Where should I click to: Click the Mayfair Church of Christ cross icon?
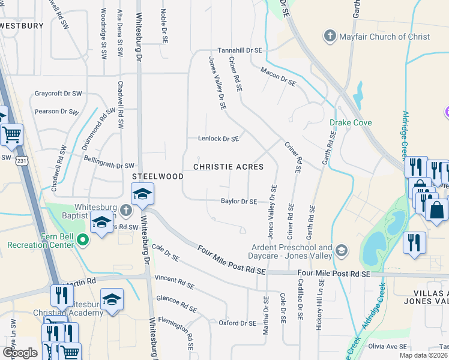330,37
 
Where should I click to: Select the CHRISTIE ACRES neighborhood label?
228,167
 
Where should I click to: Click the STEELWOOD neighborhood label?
158,176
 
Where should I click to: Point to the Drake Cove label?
351,123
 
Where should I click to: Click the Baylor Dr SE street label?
239,202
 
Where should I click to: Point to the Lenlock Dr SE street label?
218,139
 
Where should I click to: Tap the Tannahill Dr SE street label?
240,50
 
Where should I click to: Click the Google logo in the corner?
20,353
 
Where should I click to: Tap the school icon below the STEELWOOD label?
143,194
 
